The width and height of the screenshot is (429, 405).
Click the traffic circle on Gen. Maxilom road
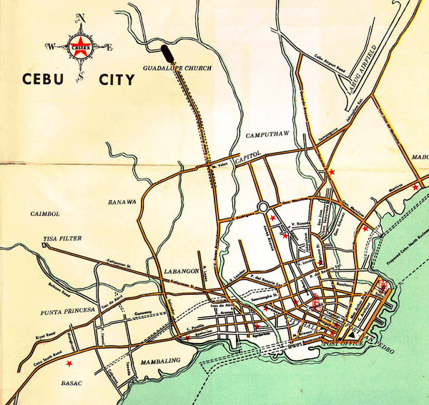coord(263,207)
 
